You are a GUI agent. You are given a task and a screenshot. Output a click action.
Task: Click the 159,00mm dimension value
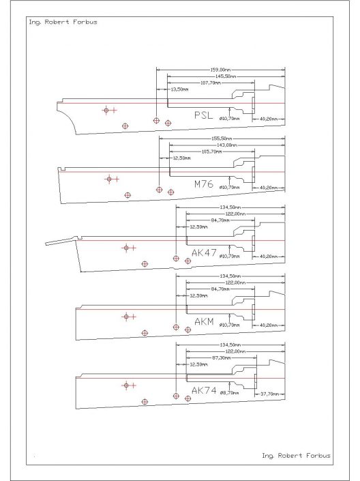tap(220, 69)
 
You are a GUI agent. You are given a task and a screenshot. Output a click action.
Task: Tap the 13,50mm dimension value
tap(179, 89)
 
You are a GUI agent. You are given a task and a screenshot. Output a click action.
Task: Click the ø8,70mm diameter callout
tap(230, 394)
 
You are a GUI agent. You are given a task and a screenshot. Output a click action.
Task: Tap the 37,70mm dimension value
tap(269, 394)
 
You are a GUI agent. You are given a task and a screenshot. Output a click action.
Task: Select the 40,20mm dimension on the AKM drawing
tap(269, 325)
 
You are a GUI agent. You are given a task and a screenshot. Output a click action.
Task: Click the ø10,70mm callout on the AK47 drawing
tap(230, 256)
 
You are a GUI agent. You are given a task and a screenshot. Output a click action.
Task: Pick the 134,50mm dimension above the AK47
tap(230, 207)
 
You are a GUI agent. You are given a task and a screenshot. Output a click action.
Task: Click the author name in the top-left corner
tap(53, 22)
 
